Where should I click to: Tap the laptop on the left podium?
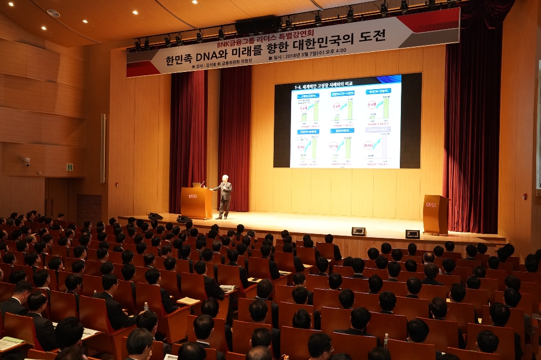click(197, 185)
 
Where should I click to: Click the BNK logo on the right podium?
click(431, 205)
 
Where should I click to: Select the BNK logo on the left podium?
click(192, 196)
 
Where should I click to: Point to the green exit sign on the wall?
click(70, 167)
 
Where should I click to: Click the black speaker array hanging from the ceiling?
click(258, 25)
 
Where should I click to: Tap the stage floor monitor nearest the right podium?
click(412, 234)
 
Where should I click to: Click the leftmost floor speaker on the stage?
click(155, 216)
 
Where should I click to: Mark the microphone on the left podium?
click(203, 183)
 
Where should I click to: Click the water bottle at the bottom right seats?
click(386, 340)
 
